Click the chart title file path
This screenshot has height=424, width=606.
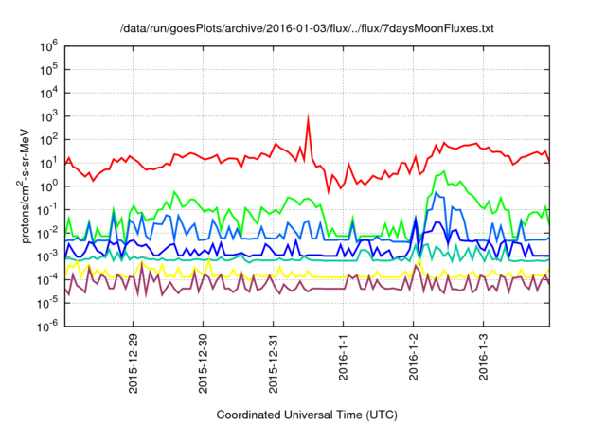[307, 30]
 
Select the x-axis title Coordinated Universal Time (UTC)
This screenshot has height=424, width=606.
[306, 415]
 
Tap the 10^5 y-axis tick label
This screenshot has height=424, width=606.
[49, 68]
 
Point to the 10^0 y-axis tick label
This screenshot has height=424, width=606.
[49, 185]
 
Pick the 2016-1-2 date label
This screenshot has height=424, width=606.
[414, 352]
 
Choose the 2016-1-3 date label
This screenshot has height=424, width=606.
[484, 352]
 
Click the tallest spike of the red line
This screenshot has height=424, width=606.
[308, 118]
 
